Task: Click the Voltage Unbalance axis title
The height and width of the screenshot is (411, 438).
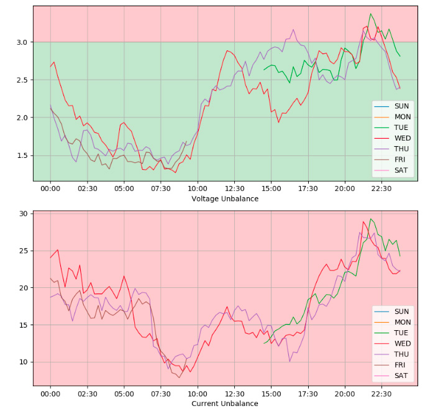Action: (225, 199)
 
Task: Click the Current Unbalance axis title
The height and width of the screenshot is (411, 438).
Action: (225, 404)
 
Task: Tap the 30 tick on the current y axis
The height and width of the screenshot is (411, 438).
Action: (24, 213)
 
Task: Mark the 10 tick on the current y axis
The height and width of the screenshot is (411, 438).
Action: (24, 362)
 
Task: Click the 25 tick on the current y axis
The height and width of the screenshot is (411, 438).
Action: (24, 251)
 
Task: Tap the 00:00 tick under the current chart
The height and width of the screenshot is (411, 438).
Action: (50, 394)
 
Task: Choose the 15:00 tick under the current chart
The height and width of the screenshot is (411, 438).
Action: (271, 394)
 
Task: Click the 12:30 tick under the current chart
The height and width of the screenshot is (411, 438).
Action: (234, 394)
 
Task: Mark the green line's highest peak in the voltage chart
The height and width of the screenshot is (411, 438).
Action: (371, 14)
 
